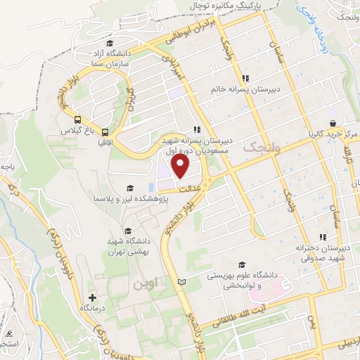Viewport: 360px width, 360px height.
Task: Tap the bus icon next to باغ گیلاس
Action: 77,120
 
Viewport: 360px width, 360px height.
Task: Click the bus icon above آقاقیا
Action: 105,131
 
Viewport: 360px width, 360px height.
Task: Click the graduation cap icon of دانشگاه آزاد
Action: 109,44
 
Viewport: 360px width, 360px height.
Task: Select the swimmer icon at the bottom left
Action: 8,333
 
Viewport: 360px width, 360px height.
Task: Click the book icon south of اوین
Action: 182,281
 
